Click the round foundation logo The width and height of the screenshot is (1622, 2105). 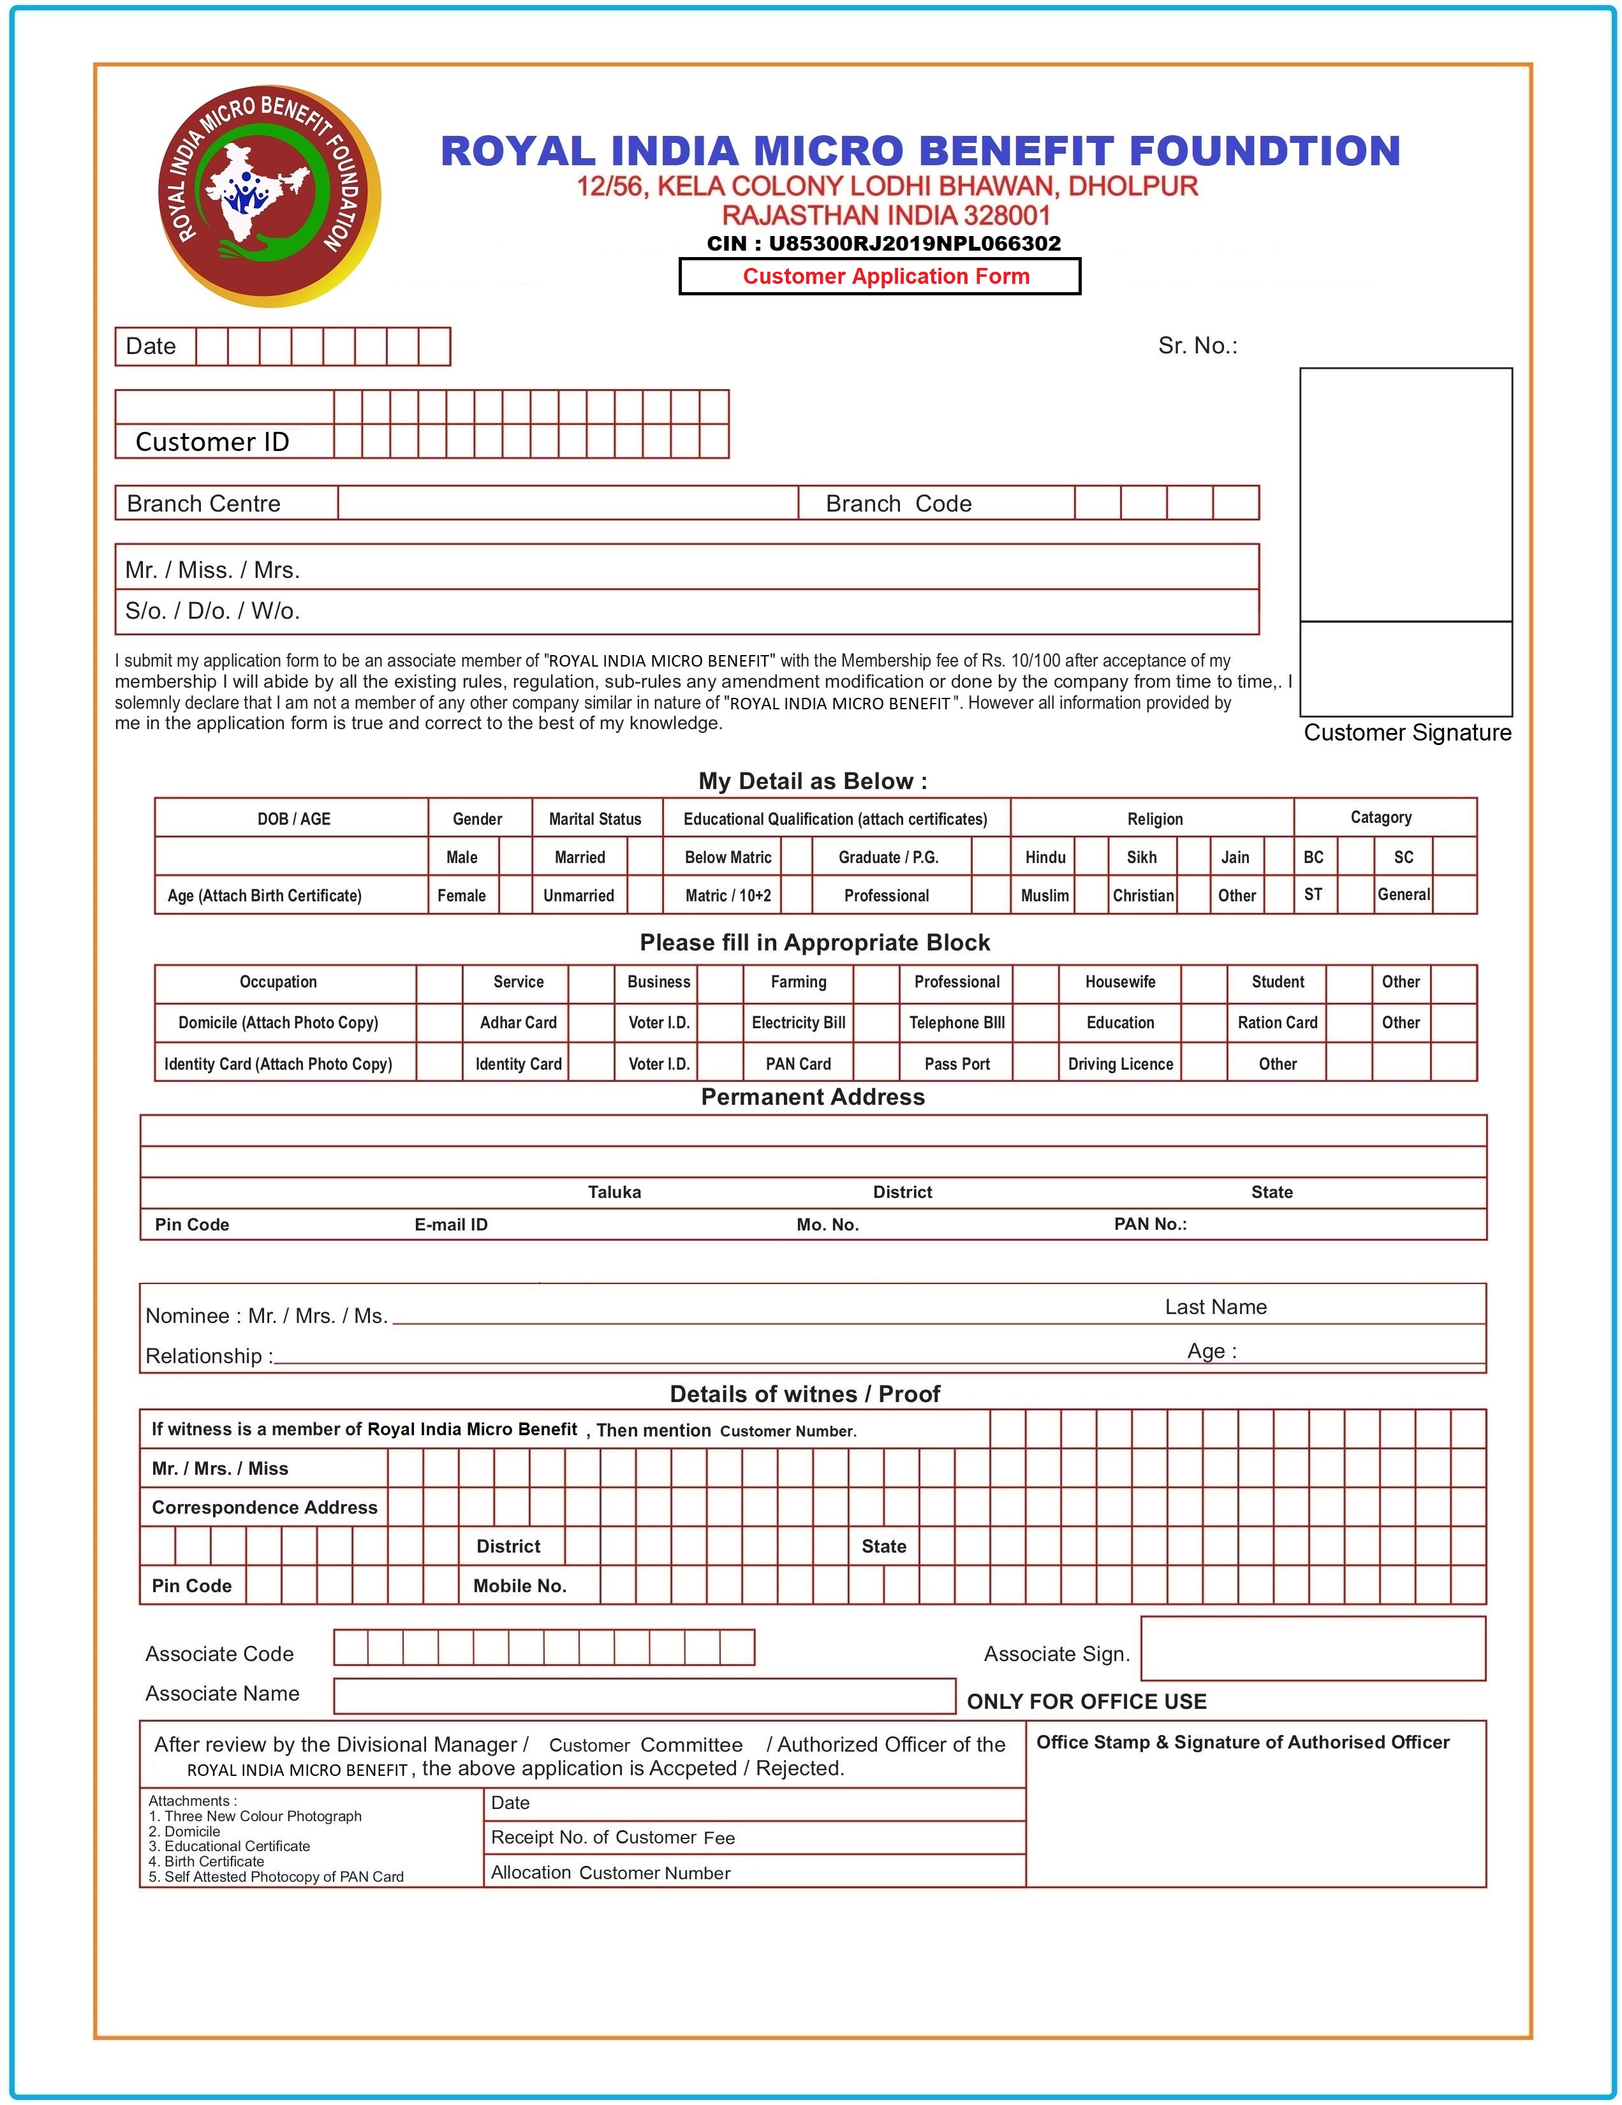pos(269,196)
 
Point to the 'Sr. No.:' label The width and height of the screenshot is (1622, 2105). pos(1197,346)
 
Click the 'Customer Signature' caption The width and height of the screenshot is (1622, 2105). pos(1406,732)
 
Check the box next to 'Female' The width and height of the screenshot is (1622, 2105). pos(515,894)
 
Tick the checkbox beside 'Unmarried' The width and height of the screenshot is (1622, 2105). pos(645,894)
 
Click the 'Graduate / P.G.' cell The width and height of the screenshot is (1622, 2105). pos(888,857)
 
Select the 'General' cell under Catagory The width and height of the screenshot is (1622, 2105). pos(1403,894)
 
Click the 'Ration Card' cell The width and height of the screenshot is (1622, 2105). pos(1277,1023)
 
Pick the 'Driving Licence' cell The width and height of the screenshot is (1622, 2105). pos(1120,1064)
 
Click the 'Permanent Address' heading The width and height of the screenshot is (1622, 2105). pos(813,1097)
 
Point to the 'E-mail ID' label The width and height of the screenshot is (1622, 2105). pos(451,1225)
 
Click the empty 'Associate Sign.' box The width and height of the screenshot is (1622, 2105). pos(1313,1648)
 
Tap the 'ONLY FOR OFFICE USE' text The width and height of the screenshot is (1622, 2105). pos(1086,1701)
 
